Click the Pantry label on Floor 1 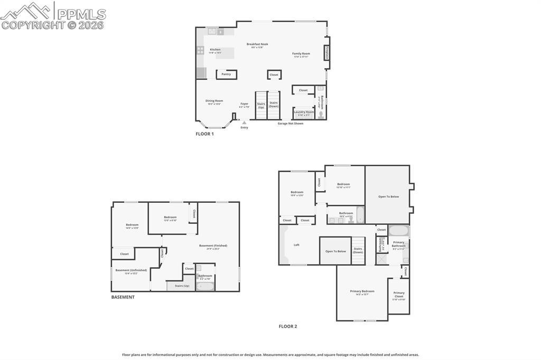226,74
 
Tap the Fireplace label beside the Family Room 327,54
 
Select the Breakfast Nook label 257,44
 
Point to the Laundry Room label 304,112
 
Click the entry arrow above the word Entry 244,122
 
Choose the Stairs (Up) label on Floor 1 261,106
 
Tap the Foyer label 244,104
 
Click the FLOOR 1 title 204,134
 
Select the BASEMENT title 123,297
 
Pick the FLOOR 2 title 287,326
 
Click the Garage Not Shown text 291,124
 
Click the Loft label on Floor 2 296,245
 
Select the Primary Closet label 399,295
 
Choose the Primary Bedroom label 362,291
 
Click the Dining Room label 214,101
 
